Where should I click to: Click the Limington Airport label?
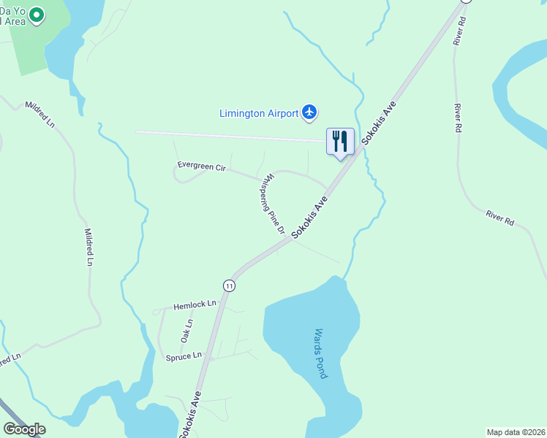259,113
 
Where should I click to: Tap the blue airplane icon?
309,112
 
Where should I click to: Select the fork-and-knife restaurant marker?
340,141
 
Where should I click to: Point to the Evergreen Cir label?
202,167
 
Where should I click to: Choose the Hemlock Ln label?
195,304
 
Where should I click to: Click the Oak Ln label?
187,331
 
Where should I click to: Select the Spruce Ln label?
184,356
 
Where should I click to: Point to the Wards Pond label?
320,353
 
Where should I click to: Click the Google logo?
24,429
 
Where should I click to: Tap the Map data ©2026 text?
516,432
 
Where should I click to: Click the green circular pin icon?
34,14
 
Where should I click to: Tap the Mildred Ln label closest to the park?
39,114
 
